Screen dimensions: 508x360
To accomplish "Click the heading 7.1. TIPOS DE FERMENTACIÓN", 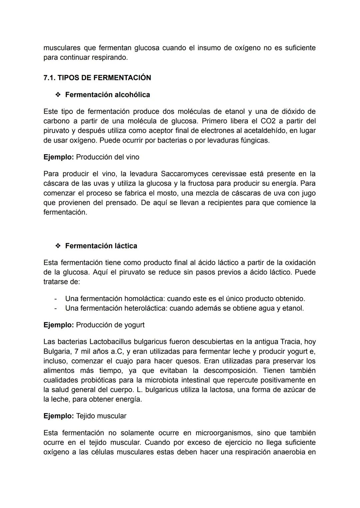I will tap(97, 78).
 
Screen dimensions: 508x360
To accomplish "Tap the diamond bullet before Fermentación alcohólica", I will tap(58, 95).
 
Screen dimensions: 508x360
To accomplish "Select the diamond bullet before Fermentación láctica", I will tap(58, 246).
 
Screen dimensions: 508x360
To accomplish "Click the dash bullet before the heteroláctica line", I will tap(56, 308).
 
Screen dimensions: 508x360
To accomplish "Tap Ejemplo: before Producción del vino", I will tap(58, 157).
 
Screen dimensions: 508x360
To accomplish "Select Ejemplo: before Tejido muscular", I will tap(58, 416).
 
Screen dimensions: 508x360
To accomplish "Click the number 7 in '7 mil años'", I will tap(77, 351).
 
